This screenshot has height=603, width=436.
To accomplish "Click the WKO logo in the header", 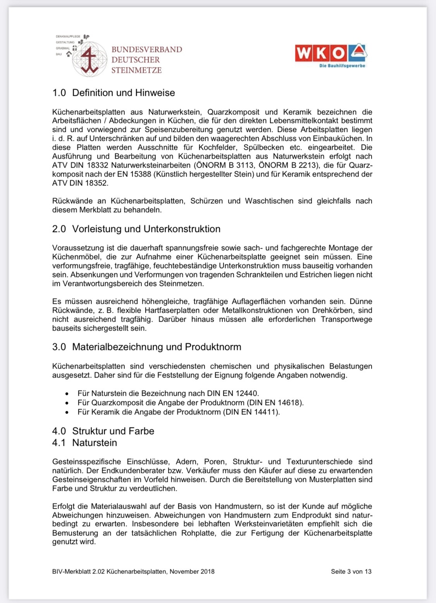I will [331, 53].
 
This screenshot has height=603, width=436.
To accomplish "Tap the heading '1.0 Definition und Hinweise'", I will [114, 93].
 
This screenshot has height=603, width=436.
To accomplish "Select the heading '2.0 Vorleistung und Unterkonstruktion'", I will [136, 229].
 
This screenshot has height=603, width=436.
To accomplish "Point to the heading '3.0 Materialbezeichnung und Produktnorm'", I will [146, 347].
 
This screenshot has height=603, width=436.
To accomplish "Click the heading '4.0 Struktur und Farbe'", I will [103, 431].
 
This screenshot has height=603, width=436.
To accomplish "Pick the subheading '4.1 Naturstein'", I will [84, 443].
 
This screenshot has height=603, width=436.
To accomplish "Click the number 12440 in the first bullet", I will [247, 393].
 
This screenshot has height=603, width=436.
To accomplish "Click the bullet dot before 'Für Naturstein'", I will [67, 393].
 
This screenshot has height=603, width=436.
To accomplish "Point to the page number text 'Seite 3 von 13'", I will [351, 572].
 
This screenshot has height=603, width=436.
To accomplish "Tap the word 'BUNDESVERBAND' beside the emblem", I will [146, 50].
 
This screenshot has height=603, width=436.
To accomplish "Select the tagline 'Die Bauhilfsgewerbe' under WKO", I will [342, 66].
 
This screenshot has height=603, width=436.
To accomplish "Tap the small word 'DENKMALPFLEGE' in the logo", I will [68, 36].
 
